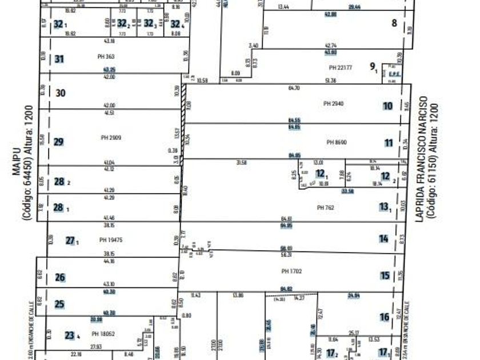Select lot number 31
(59, 59)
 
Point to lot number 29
(59, 142)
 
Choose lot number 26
(60, 278)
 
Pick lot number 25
(60, 304)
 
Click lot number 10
(388, 106)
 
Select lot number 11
(389, 143)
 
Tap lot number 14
(383, 239)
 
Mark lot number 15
(385, 275)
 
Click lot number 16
(384, 317)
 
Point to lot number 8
(394, 23)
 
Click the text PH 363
(106, 57)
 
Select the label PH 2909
(111, 138)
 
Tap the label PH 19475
(111, 240)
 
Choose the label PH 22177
(341, 68)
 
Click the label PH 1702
(291, 271)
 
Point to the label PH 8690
(337, 142)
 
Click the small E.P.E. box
(393, 74)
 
